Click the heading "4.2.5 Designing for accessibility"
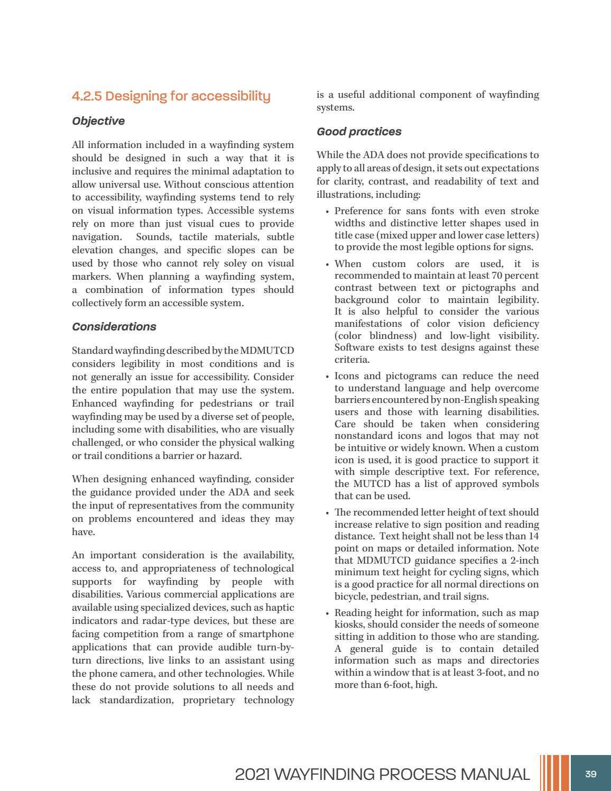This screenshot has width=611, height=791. pos(171,96)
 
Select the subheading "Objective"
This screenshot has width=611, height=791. pos(98,121)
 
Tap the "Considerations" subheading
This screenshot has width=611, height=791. pos(114,327)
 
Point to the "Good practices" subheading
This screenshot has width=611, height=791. pos(359,132)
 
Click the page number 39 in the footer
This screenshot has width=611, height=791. pos(590,774)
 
